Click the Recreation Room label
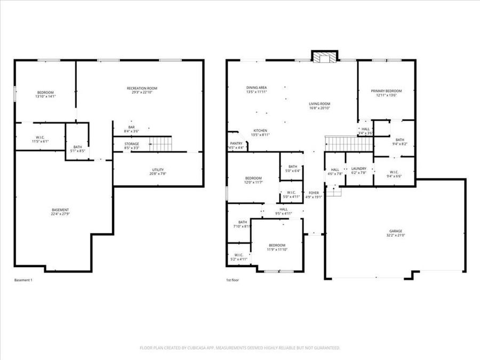click(142, 88)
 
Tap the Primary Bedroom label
click(386, 91)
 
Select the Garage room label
click(395, 231)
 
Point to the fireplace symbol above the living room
click(325, 57)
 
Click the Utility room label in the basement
click(157, 170)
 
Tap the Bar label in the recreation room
click(131, 127)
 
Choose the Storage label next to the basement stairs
click(132, 144)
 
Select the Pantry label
click(236, 143)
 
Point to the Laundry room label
click(358, 169)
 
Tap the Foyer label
click(314, 193)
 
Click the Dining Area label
click(257, 87)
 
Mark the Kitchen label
click(260, 131)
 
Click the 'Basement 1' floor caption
click(23, 280)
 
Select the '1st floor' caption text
click(233, 280)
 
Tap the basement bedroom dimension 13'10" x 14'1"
click(45, 97)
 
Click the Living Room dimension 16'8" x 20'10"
click(319, 108)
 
